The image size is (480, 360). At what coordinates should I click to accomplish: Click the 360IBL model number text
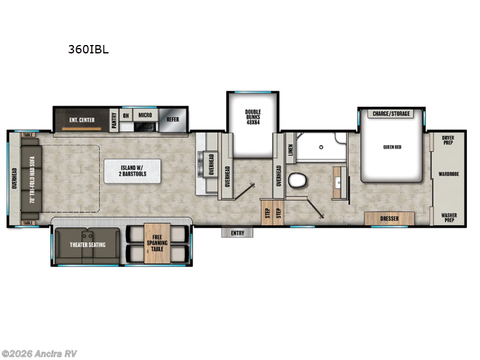click(88, 50)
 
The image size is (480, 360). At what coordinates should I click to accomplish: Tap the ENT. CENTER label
click(82, 120)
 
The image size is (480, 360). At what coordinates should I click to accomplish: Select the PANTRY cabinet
click(113, 119)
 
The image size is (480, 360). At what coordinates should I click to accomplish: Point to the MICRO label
click(145, 115)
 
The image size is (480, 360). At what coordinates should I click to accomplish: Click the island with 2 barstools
click(132, 171)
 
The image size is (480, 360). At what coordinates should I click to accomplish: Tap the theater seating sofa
click(88, 245)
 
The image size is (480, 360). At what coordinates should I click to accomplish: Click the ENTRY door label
click(238, 233)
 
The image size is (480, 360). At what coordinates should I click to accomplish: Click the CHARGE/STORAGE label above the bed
click(391, 113)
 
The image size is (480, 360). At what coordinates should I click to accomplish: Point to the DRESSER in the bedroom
click(389, 218)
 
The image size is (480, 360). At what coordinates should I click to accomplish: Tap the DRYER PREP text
click(448, 140)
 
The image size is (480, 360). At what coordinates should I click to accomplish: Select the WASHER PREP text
click(448, 217)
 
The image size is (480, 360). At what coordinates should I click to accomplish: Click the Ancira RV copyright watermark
click(40, 353)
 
